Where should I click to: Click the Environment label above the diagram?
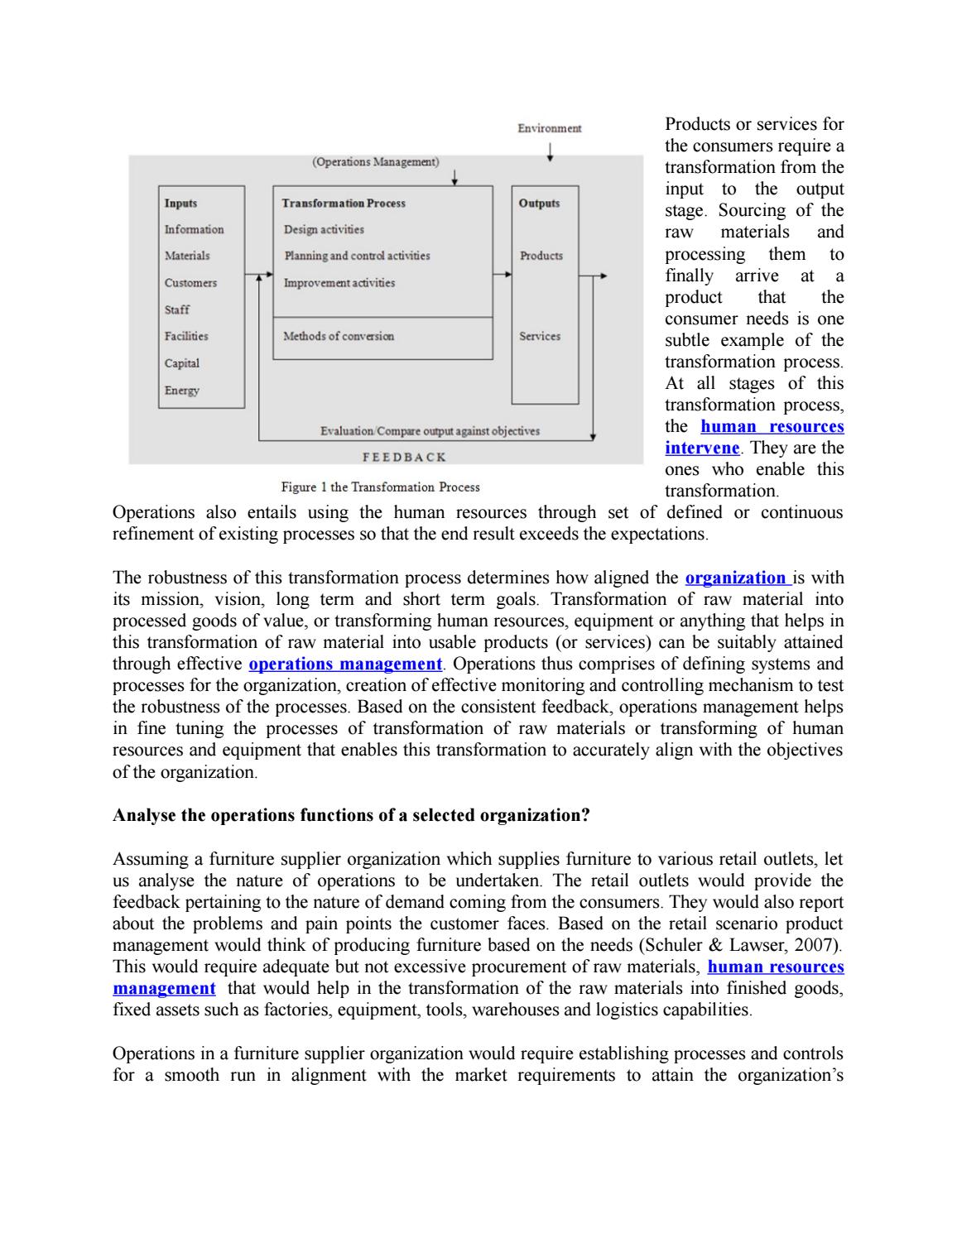tap(549, 128)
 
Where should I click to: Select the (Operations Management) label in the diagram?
tap(375, 161)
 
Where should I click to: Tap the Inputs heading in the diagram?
tap(180, 203)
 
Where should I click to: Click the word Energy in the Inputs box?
tap(181, 390)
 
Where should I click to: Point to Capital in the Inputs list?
tap(181, 363)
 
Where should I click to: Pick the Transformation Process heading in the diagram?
tap(344, 203)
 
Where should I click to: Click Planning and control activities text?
tap(357, 256)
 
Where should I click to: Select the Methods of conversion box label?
tap(339, 336)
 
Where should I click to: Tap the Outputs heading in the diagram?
tap(539, 203)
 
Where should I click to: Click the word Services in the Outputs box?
tap(540, 336)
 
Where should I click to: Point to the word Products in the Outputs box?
tap(541, 256)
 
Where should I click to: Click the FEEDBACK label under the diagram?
tap(405, 457)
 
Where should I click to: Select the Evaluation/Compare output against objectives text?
tap(430, 431)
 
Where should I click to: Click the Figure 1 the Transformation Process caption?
tap(380, 487)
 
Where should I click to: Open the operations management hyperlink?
tap(345, 664)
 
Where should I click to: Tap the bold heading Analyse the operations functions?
tap(351, 815)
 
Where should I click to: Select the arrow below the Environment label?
tap(550, 152)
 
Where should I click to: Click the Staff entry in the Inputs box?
tap(176, 309)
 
